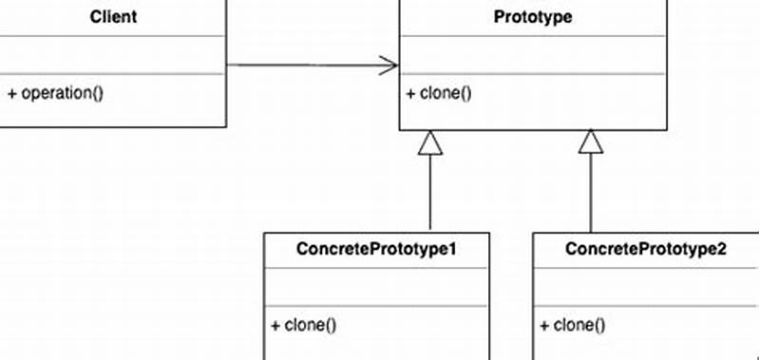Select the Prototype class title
pyautogui.click(x=533, y=16)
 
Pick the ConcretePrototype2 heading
pyautogui.click(x=646, y=249)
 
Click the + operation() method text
pyautogui.click(x=55, y=93)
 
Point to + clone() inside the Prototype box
pyautogui.click(x=439, y=93)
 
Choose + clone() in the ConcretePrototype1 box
pyautogui.click(x=304, y=325)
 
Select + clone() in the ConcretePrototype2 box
pyautogui.click(x=572, y=325)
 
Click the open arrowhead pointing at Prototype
pyautogui.click(x=388, y=65)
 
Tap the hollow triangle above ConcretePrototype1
pyautogui.click(x=430, y=142)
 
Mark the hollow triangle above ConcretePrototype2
pyautogui.click(x=592, y=142)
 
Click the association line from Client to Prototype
pyautogui.click(x=304, y=65)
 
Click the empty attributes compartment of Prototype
pyautogui.click(x=533, y=54)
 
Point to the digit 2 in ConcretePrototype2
pyautogui.click(x=721, y=249)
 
